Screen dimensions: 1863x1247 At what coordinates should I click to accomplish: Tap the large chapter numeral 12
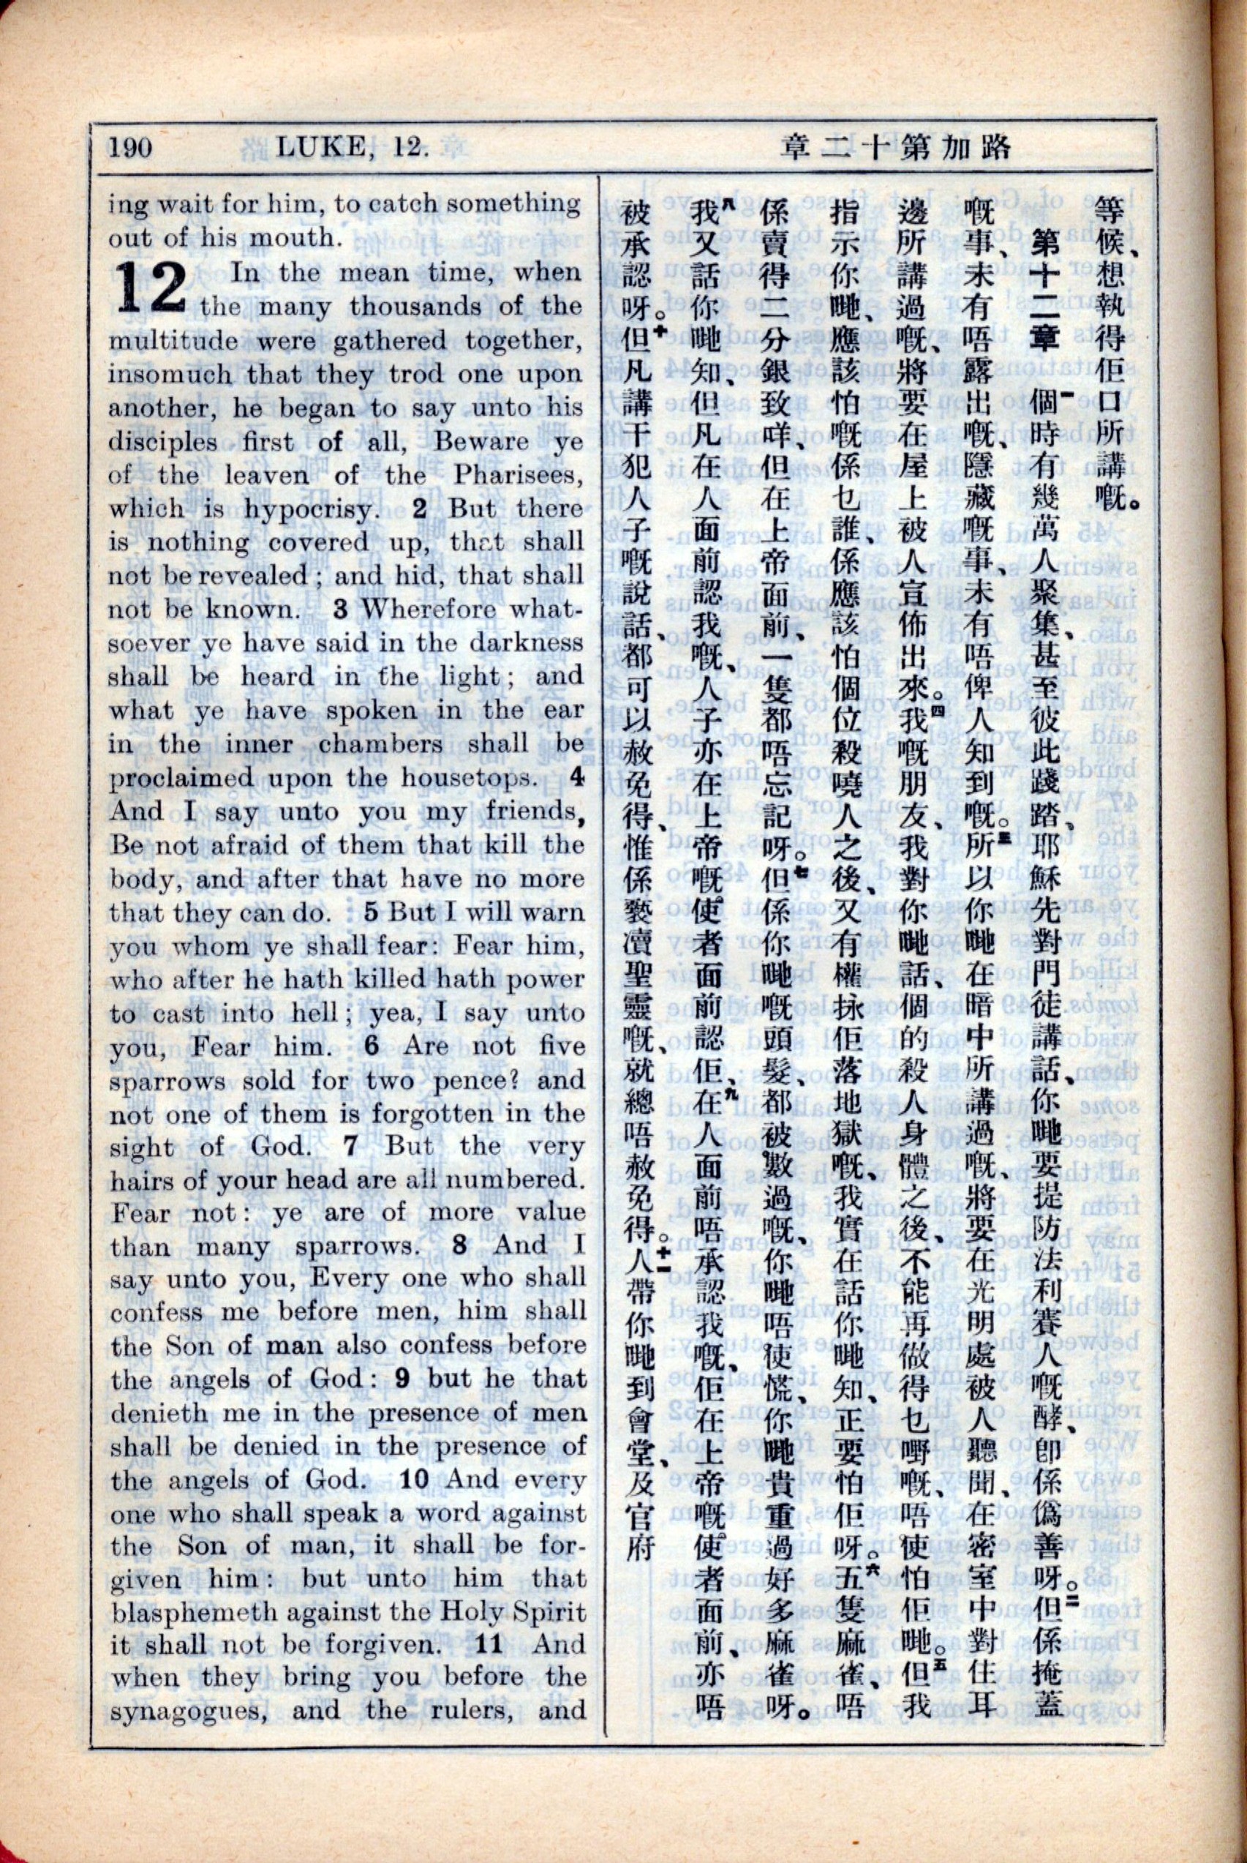(x=151, y=289)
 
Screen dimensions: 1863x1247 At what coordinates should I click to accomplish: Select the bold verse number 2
(x=419, y=509)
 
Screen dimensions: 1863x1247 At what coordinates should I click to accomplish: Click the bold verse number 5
(x=372, y=912)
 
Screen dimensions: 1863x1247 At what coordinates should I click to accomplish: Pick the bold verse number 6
(x=372, y=1047)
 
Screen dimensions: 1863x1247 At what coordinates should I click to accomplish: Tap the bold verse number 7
(x=351, y=1147)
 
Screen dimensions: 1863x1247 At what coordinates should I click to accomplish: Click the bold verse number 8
(x=461, y=1248)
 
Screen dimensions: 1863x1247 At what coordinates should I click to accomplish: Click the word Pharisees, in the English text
(x=517, y=476)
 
